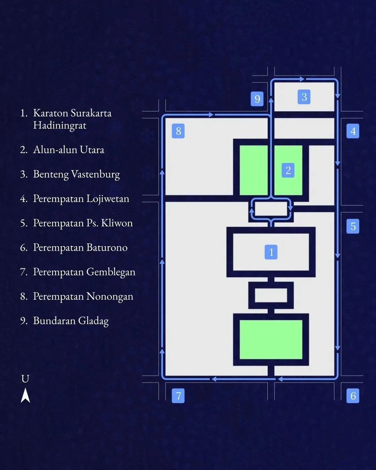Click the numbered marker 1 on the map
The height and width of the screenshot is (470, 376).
[x=271, y=252]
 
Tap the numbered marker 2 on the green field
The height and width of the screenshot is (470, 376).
[x=288, y=170]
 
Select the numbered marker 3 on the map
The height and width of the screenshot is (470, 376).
[x=304, y=97]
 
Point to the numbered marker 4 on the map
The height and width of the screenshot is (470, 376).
[x=353, y=131]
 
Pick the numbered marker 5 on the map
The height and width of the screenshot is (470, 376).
[x=353, y=226]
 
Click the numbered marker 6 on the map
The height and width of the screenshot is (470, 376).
[x=353, y=396]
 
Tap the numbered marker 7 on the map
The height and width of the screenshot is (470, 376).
[x=178, y=396]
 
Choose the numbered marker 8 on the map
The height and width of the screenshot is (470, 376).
[x=178, y=131]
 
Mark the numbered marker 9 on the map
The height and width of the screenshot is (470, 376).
[x=257, y=99]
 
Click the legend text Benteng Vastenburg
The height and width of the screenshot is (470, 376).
[x=77, y=174]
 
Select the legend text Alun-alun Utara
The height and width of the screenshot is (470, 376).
[x=69, y=150]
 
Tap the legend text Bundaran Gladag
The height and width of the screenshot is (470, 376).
[x=71, y=321]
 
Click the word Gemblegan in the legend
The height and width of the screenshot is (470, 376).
[x=111, y=272]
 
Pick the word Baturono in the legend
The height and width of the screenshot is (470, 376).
[x=107, y=248]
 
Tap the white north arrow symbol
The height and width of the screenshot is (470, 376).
[x=25, y=395]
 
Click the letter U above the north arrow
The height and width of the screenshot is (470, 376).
[x=25, y=379]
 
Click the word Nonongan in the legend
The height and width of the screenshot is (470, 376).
[x=110, y=297]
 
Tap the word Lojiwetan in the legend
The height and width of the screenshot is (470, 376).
[x=108, y=199]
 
